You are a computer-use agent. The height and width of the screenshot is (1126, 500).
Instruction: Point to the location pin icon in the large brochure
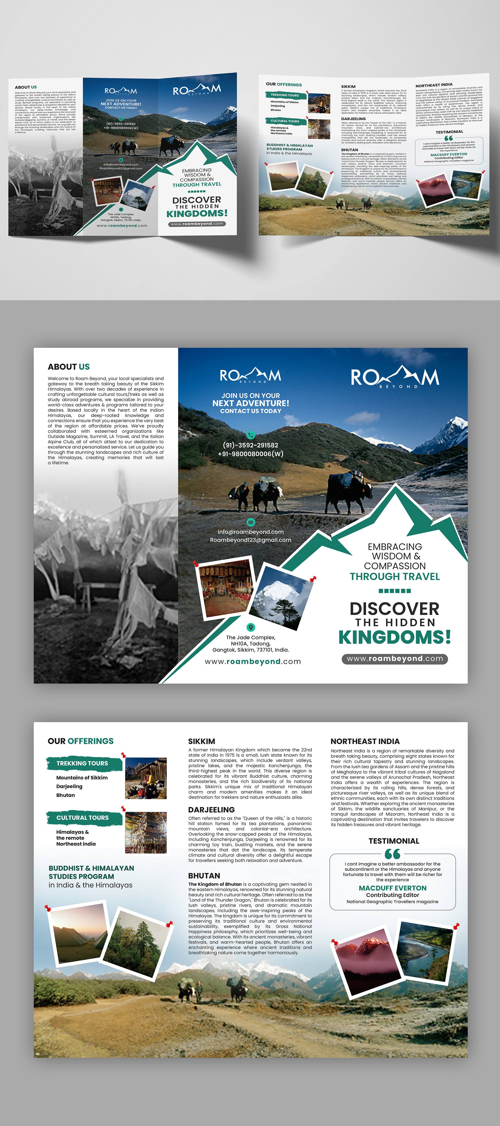click(x=251, y=627)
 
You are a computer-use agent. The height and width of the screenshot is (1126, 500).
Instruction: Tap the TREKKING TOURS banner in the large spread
click(x=82, y=763)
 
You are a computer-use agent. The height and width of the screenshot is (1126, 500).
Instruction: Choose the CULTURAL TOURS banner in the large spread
click(x=82, y=817)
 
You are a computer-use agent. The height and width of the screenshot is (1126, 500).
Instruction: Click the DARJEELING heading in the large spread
click(x=211, y=809)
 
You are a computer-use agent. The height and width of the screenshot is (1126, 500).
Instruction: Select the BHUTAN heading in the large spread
click(x=204, y=876)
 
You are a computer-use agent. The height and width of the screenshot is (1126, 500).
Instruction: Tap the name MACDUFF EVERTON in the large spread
click(x=392, y=888)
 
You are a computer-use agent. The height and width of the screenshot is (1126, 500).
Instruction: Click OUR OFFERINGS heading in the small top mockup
click(x=284, y=84)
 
